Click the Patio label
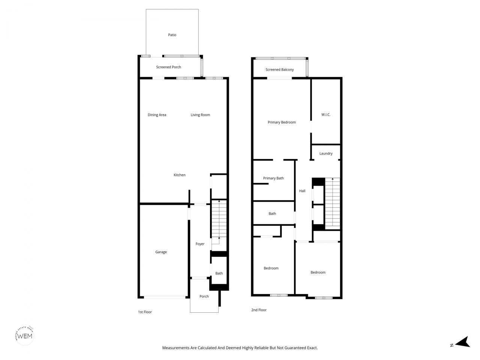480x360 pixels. click(172, 35)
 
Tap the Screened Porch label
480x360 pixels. click(168, 67)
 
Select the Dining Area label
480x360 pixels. click(157, 115)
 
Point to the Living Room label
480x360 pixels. click(200, 115)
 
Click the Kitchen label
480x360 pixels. click(179, 175)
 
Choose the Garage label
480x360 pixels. click(161, 252)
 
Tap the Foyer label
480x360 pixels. click(200, 244)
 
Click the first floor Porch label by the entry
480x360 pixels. click(204, 296)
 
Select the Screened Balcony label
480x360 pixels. click(279, 70)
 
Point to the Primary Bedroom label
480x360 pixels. click(282, 122)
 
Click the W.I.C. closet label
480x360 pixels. click(325, 115)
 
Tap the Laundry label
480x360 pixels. click(325, 153)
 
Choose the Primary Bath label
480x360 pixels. click(273, 178)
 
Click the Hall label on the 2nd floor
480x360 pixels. click(302, 191)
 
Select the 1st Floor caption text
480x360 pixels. click(145, 312)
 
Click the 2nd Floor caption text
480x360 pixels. click(259, 310)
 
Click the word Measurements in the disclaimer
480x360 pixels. click(176, 348)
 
